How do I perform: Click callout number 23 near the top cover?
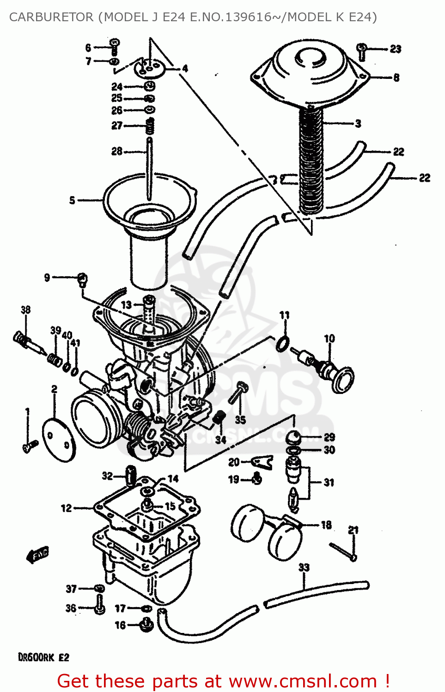pyautogui.click(x=396, y=49)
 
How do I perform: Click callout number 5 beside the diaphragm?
pyautogui.click(x=72, y=200)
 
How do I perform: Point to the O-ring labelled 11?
pyautogui.click(x=283, y=344)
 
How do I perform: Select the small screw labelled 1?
pyautogui.click(x=30, y=446)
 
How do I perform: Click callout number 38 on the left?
pyautogui.click(x=26, y=310)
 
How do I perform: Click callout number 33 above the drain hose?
pyautogui.click(x=304, y=567)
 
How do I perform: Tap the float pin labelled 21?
pyautogui.click(x=342, y=552)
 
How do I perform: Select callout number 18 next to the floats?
pyautogui.click(x=326, y=525)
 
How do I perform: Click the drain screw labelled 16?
pyautogui.click(x=146, y=625)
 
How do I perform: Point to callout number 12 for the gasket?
pyautogui.click(x=66, y=508)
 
